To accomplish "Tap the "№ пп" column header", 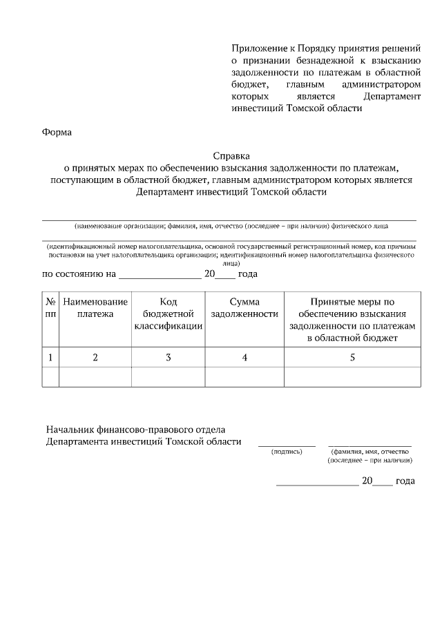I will click(50, 308).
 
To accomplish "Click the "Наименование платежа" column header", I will click(95, 308).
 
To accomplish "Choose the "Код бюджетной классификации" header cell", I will click(169, 314).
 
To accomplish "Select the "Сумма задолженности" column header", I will click(245, 308).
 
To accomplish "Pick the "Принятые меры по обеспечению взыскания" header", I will click(352, 319).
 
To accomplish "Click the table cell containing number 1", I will click(50, 357).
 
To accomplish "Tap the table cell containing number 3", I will click(169, 357).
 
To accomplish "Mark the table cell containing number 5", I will click(352, 357).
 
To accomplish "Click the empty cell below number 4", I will click(245, 377).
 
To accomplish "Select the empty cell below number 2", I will click(95, 377).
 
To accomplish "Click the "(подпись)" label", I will click(287, 452).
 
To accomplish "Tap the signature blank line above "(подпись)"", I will click(287, 445).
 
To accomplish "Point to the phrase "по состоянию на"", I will click(79, 274).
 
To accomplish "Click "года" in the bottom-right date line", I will click(405, 481).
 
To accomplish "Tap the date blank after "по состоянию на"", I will click(160, 276).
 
